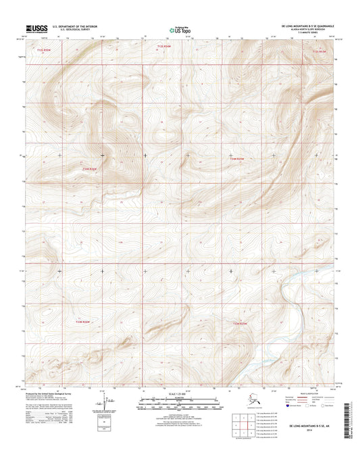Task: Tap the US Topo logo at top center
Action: point(179,30)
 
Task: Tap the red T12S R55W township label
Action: point(44,49)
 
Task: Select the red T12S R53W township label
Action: point(319,51)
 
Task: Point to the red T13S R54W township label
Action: point(233,158)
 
